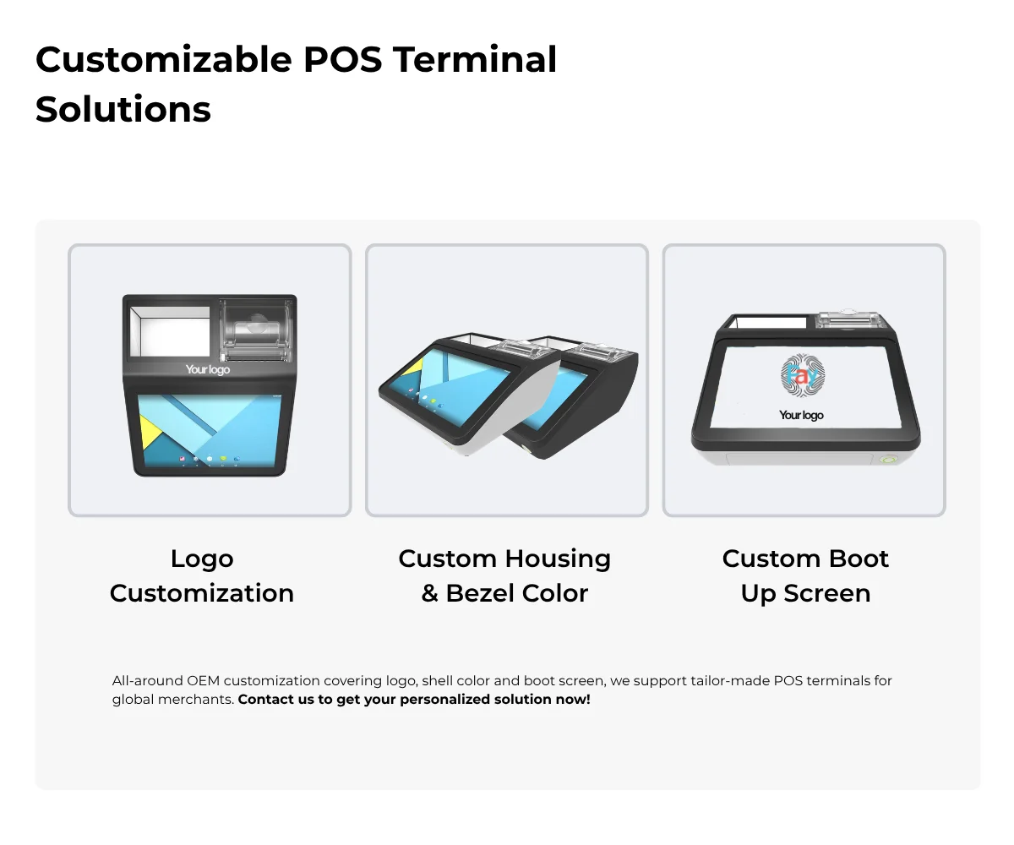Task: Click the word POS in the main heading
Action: pos(343,60)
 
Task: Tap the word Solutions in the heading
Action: pos(123,109)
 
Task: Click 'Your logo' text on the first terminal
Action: pos(208,369)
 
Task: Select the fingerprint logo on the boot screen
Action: pos(803,375)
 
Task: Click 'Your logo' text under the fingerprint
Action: pos(801,415)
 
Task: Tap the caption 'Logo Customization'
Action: pos(202,576)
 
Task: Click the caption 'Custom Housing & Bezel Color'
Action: pos(504,576)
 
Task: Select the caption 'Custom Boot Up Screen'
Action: pos(805,576)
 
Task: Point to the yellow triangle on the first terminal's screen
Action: pos(150,431)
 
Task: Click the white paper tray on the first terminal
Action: pos(170,330)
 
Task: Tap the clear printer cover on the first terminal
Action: pos(256,330)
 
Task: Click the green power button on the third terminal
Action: pos(888,459)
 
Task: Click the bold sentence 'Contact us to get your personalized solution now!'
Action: pos(414,700)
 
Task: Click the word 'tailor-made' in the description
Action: pos(804,680)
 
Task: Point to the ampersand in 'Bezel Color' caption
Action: pos(429,593)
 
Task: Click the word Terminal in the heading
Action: pos(475,60)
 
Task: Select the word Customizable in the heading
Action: pos(164,60)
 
